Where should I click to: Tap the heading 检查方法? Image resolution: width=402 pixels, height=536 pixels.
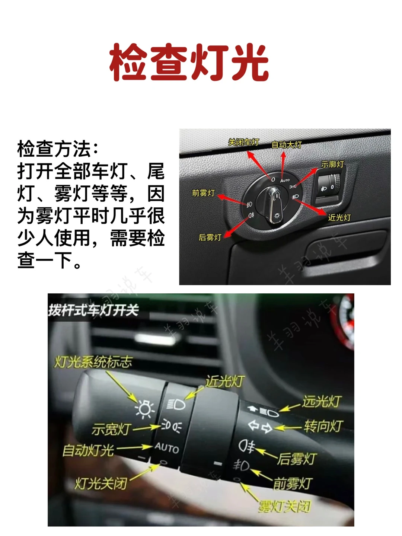[54, 149]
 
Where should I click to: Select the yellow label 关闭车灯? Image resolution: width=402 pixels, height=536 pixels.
[243, 142]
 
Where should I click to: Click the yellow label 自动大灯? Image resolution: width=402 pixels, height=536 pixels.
[287, 145]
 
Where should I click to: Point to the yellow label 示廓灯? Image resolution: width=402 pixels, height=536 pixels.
[332, 164]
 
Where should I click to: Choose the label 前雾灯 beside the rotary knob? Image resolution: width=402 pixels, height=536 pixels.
[203, 193]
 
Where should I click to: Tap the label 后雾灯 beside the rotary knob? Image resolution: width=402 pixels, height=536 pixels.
[210, 237]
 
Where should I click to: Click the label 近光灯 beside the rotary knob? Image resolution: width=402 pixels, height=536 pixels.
[339, 217]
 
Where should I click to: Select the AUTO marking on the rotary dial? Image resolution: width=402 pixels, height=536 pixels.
[285, 181]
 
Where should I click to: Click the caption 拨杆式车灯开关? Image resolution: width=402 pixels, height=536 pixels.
[93, 310]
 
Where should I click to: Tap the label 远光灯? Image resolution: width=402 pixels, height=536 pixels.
[321, 401]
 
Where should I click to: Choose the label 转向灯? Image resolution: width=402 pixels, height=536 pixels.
[324, 426]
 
